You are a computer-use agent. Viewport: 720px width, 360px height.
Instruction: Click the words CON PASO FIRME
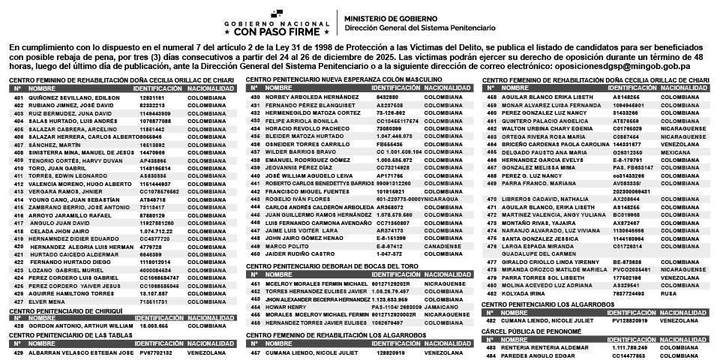[277, 32]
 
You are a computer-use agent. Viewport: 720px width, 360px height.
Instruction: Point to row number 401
[18, 97]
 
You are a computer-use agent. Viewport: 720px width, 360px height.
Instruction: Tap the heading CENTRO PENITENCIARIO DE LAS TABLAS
[62, 335]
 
